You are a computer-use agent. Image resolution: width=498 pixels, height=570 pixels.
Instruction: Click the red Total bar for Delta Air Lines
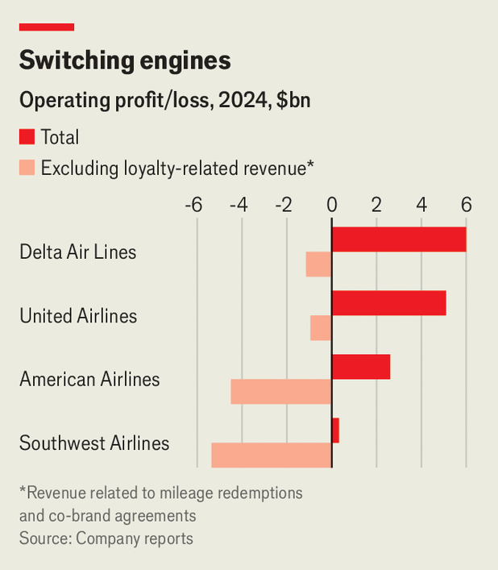tap(399, 239)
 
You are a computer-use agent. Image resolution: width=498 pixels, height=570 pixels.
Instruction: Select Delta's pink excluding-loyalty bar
tap(319, 264)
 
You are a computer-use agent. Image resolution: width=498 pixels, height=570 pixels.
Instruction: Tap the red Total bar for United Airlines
tap(388, 303)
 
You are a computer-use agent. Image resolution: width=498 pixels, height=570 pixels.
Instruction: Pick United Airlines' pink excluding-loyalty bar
tap(322, 328)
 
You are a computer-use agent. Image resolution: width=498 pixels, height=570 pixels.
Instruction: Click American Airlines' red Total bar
tap(361, 367)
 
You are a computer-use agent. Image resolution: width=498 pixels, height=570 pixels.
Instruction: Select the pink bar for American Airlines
tap(281, 392)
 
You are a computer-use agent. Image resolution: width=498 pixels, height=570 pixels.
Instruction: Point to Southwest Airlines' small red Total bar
tap(335, 431)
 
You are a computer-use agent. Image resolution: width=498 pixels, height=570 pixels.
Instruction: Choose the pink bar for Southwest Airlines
tap(272, 456)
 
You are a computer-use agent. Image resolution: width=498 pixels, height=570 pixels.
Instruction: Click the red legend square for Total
tap(27, 137)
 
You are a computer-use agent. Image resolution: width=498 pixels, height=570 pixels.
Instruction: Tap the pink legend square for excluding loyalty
tap(27, 168)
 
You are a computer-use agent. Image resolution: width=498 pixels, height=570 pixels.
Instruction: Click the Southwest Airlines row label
tap(94, 443)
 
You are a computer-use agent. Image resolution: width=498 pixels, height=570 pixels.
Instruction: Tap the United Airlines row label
tap(78, 315)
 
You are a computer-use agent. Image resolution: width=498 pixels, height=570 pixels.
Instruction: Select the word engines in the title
tap(184, 61)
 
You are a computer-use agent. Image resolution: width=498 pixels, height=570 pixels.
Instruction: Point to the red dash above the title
tap(47, 27)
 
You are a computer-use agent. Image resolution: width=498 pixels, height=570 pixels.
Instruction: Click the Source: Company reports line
tap(106, 538)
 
